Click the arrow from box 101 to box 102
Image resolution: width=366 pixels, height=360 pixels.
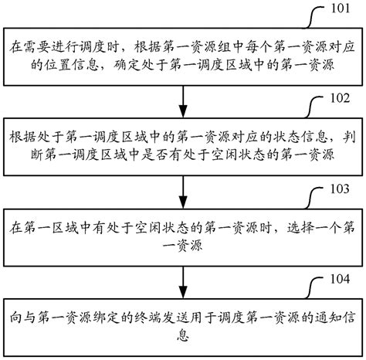[182, 99]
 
